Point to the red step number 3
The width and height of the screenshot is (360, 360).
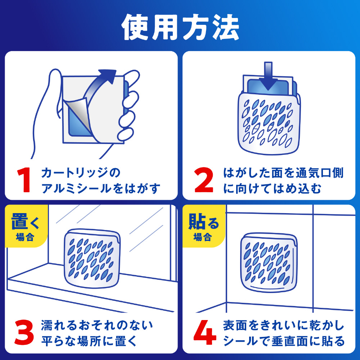pyautogui.click(x=24, y=332)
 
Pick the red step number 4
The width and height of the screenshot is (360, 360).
pyautogui.click(x=204, y=332)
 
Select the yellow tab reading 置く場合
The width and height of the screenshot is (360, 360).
pyautogui.click(x=26, y=226)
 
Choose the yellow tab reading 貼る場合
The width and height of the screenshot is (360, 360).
pyautogui.click(x=203, y=226)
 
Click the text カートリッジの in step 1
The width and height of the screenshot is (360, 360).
pyautogui.click(x=81, y=173)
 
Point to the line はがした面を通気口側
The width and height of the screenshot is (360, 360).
pyautogui.click(x=283, y=173)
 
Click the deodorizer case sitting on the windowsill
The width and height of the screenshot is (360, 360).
pyautogui.click(x=92, y=258)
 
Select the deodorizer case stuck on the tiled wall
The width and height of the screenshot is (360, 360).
pyautogui.click(x=269, y=262)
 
